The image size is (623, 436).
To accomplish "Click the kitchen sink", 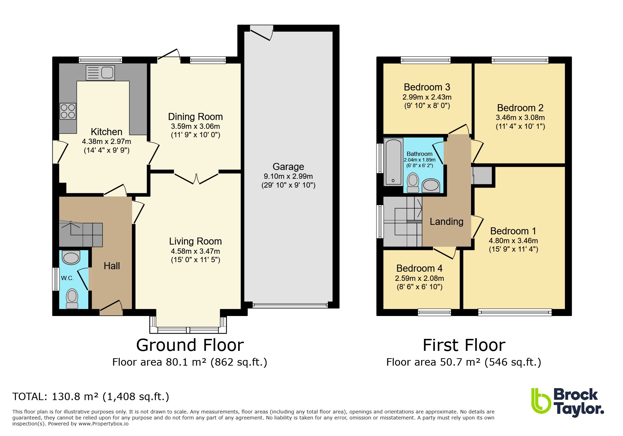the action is [100, 73].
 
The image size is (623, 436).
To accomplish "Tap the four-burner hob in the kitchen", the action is [68, 111].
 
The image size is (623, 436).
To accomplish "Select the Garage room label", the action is [288, 167].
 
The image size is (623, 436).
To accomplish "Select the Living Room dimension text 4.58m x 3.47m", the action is [195, 251].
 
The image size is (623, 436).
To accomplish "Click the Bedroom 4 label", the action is [419, 268].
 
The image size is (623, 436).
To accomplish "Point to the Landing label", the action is [446, 222].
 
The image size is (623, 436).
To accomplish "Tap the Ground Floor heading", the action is [190, 345].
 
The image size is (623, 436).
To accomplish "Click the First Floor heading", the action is [464, 345].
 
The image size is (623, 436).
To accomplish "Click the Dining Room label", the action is [195, 117].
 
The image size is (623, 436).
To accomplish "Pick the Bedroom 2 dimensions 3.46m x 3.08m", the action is [520, 118].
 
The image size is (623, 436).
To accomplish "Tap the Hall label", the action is [112, 266].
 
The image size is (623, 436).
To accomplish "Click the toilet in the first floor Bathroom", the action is [413, 183].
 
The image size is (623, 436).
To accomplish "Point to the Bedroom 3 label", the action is [427, 87].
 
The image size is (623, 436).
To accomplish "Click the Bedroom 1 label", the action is [513, 231].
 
